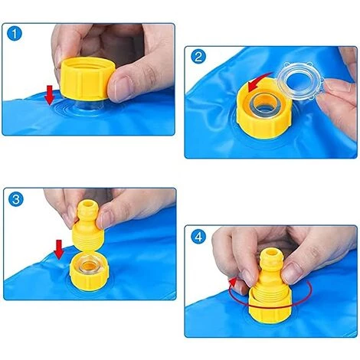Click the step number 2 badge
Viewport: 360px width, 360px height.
pos(198,56)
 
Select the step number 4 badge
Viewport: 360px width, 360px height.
pos(198,237)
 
